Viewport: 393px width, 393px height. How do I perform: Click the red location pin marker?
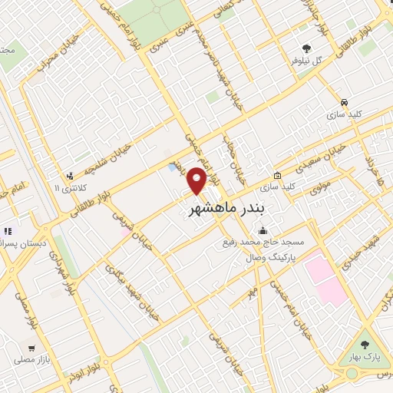tap(197, 180)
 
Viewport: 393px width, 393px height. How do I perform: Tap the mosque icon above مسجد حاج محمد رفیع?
tap(263, 230)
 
